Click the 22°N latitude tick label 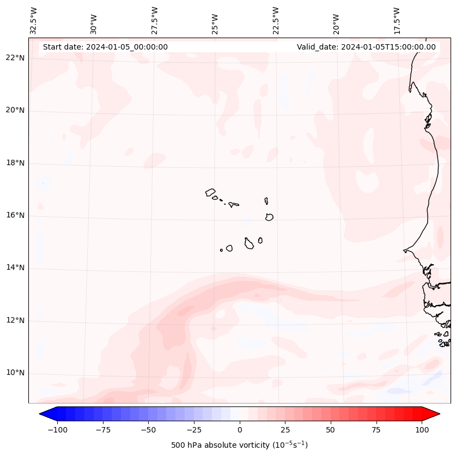(x=15, y=58)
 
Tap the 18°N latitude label (x=15, y=163)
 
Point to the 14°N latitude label (x=15, y=268)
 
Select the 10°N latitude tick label (x=15, y=373)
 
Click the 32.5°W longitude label (x=34, y=20)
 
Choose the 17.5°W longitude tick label (x=397, y=20)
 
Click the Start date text (x=105, y=47)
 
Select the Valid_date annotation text (x=366, y=47)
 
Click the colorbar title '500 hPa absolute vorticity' (x=239, y=445)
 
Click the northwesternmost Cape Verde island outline (x=210, y=192)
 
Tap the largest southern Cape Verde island (x=249, y=243)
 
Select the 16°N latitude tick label (x=15, y=216)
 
